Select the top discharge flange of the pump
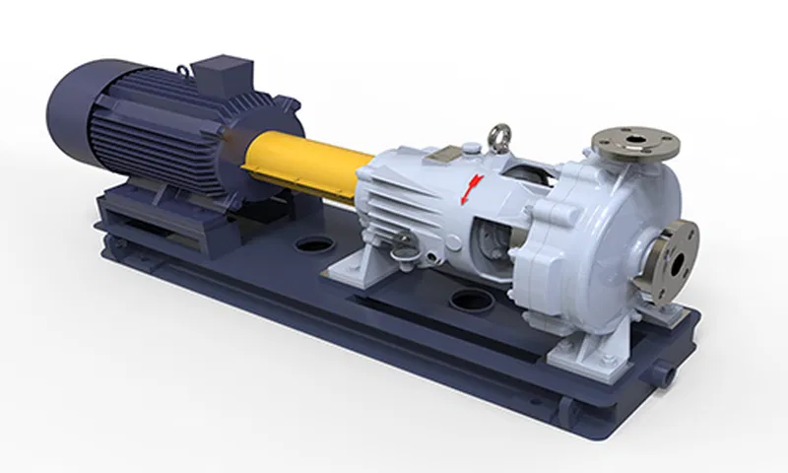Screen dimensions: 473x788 pyautogui.click(x=635, y=144)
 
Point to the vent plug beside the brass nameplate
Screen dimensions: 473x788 pyautogui.click(x=473, y=148)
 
